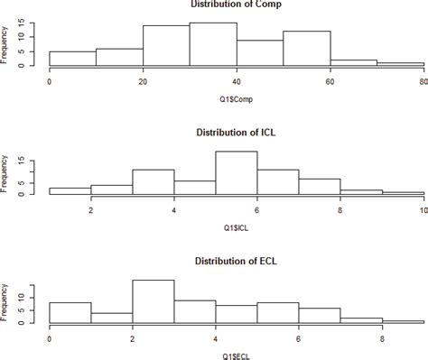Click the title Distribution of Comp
coord(237,5)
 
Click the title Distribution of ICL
coord(237,134)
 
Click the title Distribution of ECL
coord(237,263)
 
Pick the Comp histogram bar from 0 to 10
coord(72,58)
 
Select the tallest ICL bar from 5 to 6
coord(237,172)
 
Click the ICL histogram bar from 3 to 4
coord(153,181)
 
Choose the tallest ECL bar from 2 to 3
coord(153,301)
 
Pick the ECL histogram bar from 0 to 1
coord(70,312)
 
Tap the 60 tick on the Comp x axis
coord(330,81)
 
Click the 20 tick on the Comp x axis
coord(143,81)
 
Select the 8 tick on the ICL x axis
coord(340,210)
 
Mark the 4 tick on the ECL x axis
coord(215,339)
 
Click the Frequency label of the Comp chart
coord(6,44)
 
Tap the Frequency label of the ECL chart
coord(6,302)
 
